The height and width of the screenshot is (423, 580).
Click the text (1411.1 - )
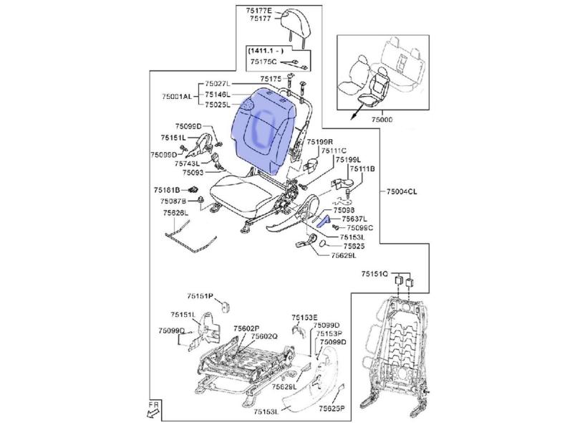266,52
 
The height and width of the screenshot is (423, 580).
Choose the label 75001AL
177,96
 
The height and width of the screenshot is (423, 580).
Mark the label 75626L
174,213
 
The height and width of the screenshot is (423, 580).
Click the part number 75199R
321,142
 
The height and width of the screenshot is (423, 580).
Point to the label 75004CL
402,191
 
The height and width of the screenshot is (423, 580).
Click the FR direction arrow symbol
153,411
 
